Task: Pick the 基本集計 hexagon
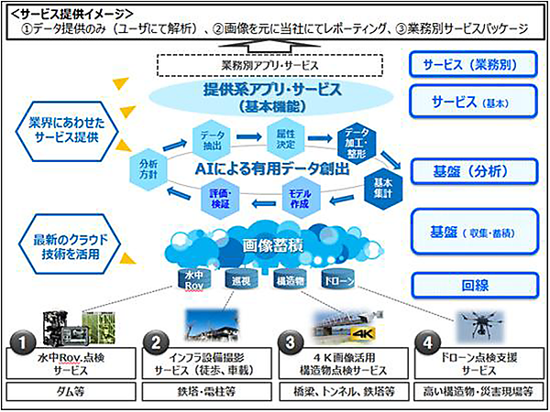(x=381, y=186)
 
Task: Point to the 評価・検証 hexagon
(x=220, y=201)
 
